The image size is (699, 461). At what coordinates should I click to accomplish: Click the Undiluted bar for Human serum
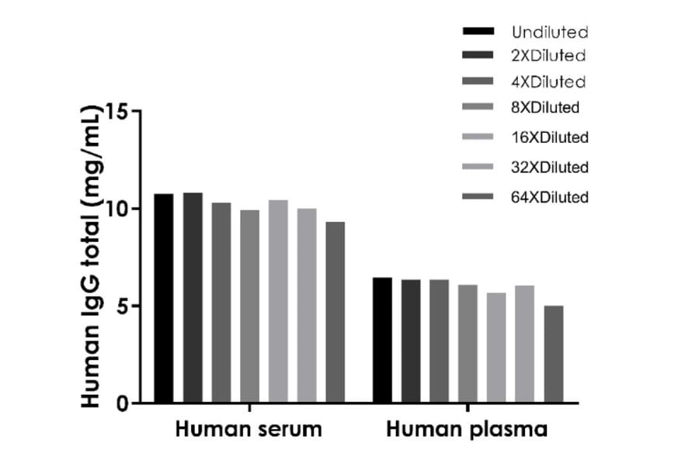(x=163, y=299)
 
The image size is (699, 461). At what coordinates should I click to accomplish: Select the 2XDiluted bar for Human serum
(x=193, y=298)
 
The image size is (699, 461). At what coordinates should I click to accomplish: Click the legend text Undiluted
(x=549, y=33)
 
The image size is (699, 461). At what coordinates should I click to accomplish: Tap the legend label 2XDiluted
(x=548, y=56)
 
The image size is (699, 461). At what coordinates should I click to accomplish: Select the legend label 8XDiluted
(x=545, y=107)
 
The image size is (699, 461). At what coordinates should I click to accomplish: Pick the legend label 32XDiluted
(x=549, y=167)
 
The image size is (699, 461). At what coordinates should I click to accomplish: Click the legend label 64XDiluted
(x=549, y=197)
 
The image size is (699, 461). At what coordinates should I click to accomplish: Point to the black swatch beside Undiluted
(x=478, y=32)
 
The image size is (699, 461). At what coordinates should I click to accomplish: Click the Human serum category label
(x=248, y=430)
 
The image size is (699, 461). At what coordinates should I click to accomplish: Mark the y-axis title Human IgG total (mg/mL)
(x=92, y=256)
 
